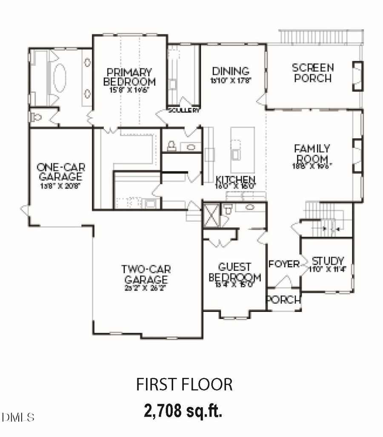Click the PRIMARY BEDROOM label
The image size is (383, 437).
tap(129, 77)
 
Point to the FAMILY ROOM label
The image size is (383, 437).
tap(312, 154)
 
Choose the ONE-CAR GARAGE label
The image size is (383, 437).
tap(59, 171)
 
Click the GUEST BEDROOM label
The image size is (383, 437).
tap(234, 272)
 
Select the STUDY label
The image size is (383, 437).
tap(328, 261)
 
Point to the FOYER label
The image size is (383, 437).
tap(284, 264)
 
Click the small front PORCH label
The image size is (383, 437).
tap(283, 300)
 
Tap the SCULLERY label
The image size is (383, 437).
tap(184, 110)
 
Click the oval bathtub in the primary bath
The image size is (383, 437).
tap(60, 78)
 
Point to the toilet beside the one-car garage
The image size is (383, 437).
tap(37, 117)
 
